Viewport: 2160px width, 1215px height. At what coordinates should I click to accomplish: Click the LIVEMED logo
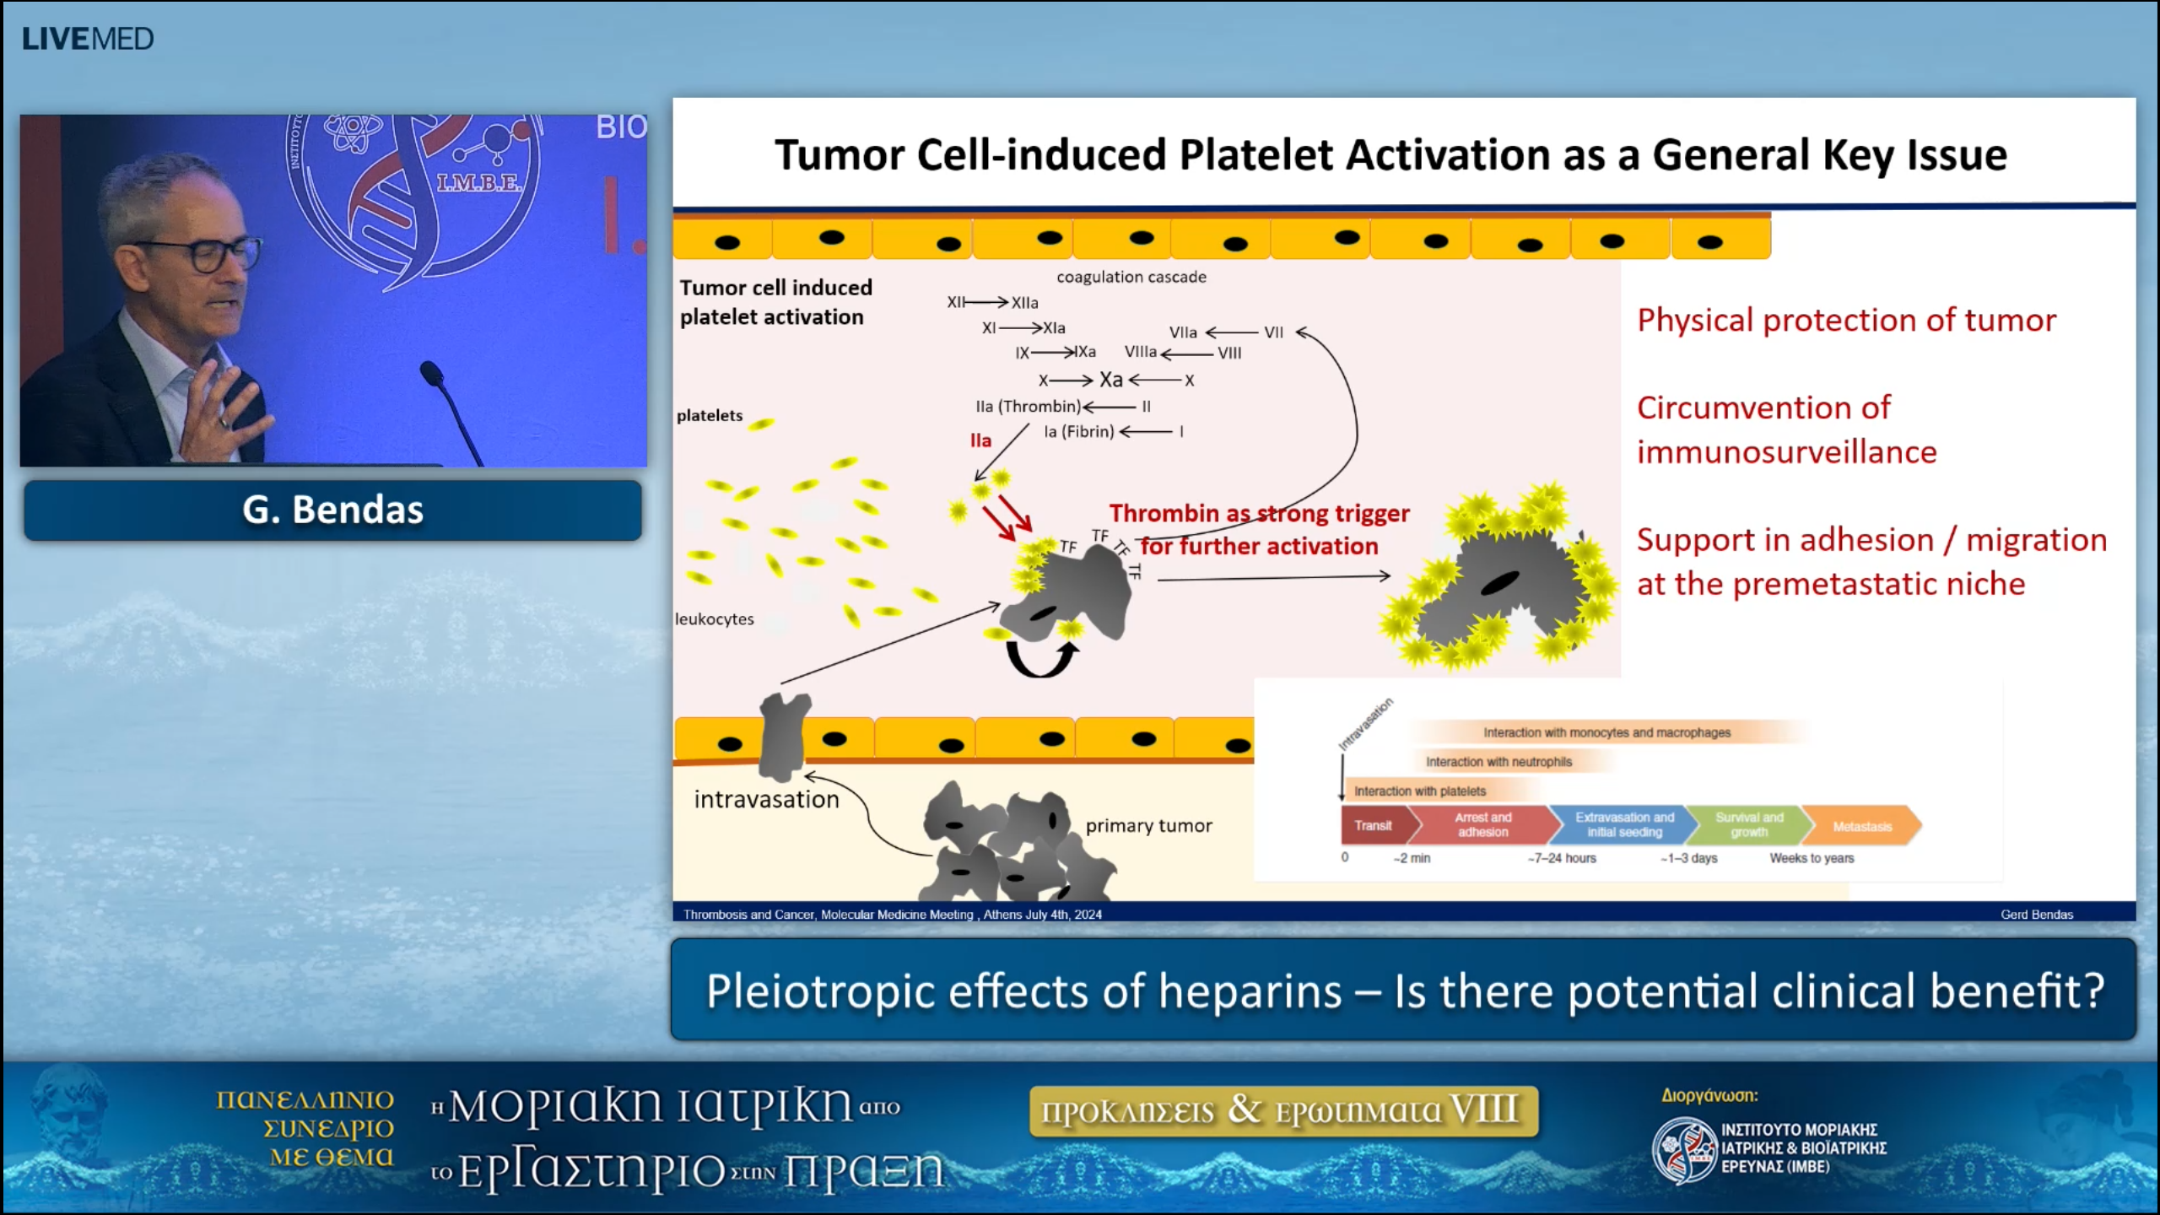(x=88, y=39)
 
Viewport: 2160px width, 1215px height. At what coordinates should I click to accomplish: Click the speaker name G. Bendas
(x=332, y=510)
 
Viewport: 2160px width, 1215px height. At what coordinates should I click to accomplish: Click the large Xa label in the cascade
(x=1110, y=380)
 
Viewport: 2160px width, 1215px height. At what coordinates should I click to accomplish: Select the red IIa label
(x=980, y=440)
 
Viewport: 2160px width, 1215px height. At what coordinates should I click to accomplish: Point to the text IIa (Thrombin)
(x=1027, y=407)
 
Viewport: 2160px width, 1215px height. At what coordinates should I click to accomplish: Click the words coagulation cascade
(x=1131, y=277)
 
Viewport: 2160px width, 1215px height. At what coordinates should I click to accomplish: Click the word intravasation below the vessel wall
(x=766, y=799)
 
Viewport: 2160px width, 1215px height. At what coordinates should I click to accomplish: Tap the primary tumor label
(x=1148, y=825)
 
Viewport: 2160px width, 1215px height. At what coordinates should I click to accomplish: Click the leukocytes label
(x=714, y=619)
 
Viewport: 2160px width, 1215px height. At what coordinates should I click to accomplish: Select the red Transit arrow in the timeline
(x=1374, y=825)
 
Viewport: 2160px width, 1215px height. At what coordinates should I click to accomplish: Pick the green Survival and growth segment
(x=1748, y=824)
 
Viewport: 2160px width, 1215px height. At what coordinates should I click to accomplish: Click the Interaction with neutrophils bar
(x=1498, y=762)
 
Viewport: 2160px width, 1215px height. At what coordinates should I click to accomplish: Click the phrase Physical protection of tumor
(x=1846, y=321)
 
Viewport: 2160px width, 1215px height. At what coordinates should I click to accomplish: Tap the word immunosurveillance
(x=1786, y=452)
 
